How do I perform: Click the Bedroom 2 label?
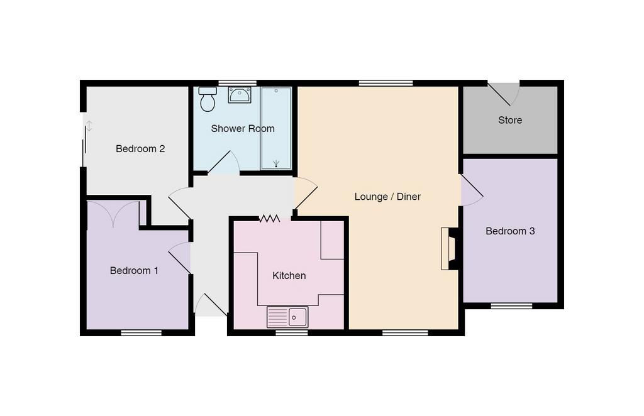(140, 148)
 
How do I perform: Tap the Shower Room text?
(243, 128)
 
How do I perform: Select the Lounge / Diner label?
(387, 197)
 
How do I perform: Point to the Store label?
(510, 120)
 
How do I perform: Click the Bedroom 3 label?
(510, 231)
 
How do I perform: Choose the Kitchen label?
(289, 275)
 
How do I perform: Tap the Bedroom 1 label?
(134, 270)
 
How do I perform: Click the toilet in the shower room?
(208, 99)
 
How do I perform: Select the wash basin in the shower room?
(240, 95)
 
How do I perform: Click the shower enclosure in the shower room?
(276, 128)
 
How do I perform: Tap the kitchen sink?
(287, 317)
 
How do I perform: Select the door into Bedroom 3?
(472, 190)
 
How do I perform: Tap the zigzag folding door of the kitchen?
(269, 219)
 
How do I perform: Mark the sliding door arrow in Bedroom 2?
(89, 126)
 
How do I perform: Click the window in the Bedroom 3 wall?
(512, 306)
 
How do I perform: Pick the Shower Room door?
(224, 163)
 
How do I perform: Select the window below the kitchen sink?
(292, 332)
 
